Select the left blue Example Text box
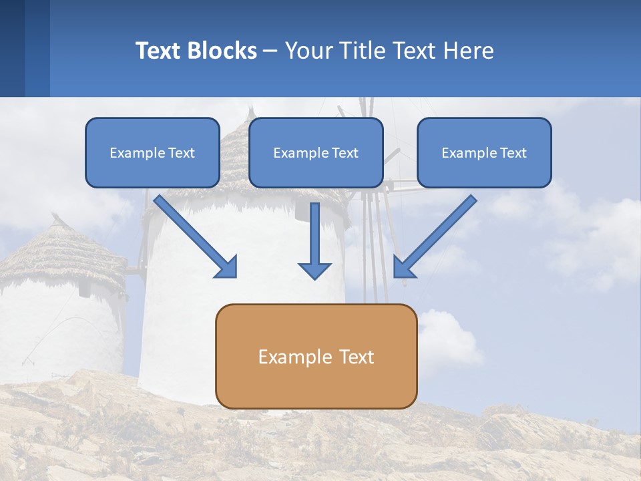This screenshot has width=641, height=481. click(152, 152)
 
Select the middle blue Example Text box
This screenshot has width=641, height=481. click(316, 152)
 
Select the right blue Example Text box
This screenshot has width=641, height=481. click(484, 152)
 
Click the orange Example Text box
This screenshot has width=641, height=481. click(316, 356)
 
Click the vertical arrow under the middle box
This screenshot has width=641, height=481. click(314, 234)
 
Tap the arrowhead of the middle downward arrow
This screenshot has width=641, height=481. click(314, 270)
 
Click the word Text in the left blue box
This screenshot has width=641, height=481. click(181, 152)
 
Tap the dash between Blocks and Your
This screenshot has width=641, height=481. click(270, 51)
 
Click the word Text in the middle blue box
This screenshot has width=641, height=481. click(345, 152)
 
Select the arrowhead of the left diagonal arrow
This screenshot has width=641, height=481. click(227, 267)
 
